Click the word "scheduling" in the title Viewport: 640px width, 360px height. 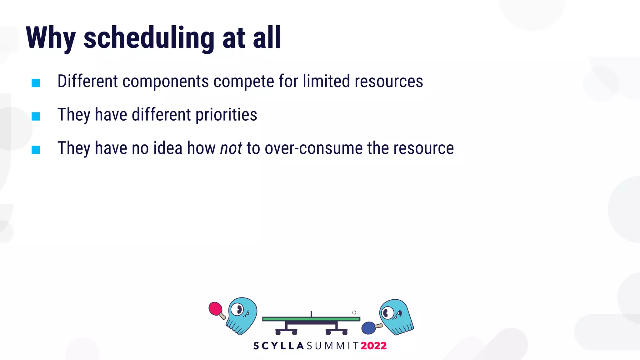click(x=149, y=38)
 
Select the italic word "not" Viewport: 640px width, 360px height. click(x=231, y=148)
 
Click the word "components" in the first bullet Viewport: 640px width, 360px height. click(x=165, y=82)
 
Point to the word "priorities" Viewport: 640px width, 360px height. click(x=226, y=115)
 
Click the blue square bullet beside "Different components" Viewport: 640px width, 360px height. click(x=36, y=83)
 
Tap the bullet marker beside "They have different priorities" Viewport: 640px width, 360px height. click(x=36, y=116)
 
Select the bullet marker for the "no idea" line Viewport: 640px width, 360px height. click(x=36, y=150)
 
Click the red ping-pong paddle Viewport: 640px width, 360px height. click(x=215, y=308)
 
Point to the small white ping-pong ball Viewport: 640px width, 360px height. click(x=354, y=312)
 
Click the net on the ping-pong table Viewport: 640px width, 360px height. click(x=311, y=314)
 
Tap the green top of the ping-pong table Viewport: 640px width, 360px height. click(x=311, y=319)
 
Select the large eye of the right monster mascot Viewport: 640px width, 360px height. click(x=388, y=312)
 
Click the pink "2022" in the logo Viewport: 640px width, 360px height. click(x=374, y=346)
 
